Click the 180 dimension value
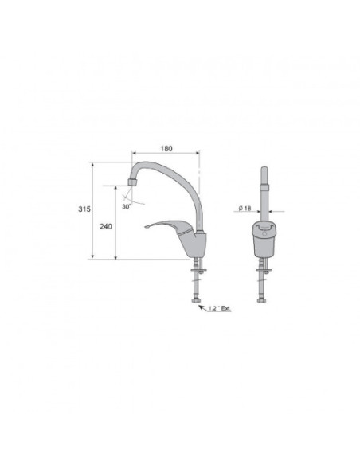(x=166, y=148)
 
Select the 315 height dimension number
(x=84, y=209)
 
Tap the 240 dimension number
(x=106, y=226)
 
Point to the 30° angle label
(x=127, y=206)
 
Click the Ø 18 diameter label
(x=245, y=208)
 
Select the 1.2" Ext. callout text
(x=220, y=308)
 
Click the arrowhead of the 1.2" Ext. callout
(x=201, y=307)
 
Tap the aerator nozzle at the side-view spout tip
(x=132, y=182)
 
